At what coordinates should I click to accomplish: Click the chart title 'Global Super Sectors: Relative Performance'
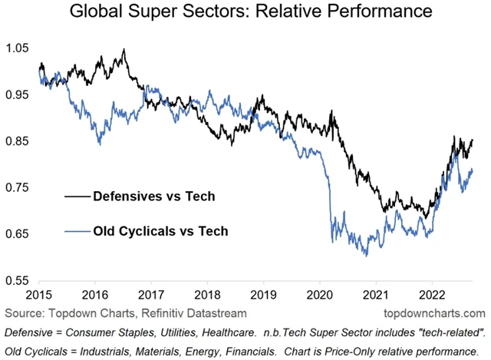[x=245, y=13]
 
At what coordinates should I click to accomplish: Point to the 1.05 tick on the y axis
[x=19, y=48]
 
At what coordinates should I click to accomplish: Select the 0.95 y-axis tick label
[x=19, y=95]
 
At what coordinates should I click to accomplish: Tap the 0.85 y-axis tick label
[x=19, y=142]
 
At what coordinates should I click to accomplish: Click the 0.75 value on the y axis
[x=19, y=189]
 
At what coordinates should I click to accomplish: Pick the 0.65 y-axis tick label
[x=19, y=235]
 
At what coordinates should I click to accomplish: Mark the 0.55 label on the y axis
[x=19, y=282]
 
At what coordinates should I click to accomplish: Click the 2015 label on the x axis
[x=40, y=296]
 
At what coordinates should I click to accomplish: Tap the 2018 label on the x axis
[x=208, y=296]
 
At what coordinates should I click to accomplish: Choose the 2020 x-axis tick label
[x=320, y=296]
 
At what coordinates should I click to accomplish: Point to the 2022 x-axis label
[x=432, y=296]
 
